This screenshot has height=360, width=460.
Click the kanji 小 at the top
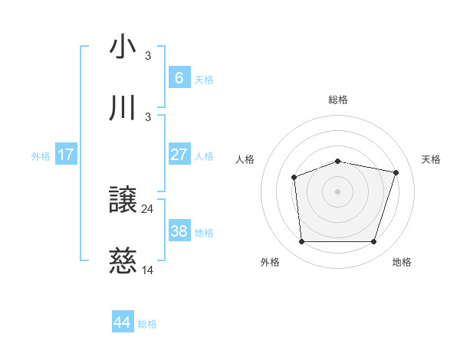point(123,47)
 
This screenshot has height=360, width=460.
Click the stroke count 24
point(148,209)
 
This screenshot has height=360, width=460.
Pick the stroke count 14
point(148,270)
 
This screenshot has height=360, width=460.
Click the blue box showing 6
point(179,78)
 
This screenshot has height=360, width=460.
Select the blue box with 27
point(179,155)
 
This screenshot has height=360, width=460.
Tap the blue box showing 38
point(179,231)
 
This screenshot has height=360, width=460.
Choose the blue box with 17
point(66,155)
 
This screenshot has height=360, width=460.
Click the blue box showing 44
point(123,322)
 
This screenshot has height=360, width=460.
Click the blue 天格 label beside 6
point(204,80)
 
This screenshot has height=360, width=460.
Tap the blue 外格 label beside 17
point(41,156)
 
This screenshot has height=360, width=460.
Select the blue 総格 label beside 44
point(147,324)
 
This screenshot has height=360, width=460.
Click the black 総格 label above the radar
point(338,100)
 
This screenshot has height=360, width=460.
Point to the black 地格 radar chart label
point(402,263)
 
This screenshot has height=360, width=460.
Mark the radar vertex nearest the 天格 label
point(396,173)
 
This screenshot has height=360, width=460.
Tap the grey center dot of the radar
point(338,191)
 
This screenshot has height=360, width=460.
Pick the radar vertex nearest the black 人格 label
point(294,178)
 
